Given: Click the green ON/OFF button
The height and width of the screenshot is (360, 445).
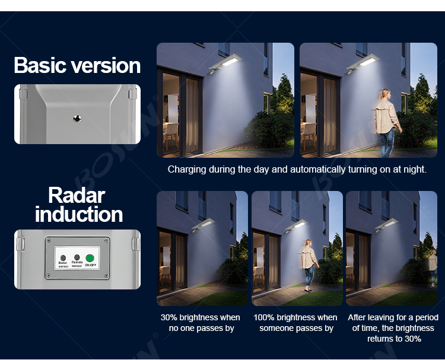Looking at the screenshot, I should (x=90, y=258).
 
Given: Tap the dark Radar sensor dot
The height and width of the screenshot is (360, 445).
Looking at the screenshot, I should (x=63, y=258).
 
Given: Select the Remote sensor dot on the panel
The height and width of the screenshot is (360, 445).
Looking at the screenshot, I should (x=77, y=258).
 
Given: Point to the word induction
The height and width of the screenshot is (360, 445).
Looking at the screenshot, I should (x=79, y=214).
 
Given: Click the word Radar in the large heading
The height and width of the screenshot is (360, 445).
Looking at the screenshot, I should (x=77, y=195).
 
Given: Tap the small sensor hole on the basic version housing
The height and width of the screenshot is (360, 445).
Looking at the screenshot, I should (x=77, y=119).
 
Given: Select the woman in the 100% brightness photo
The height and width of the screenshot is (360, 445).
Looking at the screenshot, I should (x=308, y=264).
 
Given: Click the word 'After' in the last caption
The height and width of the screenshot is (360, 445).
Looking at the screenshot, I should (x=358, y=318).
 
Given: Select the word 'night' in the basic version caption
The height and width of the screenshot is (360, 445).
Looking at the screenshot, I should (x=413, y=170).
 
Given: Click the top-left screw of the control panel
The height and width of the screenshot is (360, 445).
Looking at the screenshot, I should (x=49, y=240).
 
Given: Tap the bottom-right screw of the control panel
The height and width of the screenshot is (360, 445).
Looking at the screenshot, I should (x=107, y=276).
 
